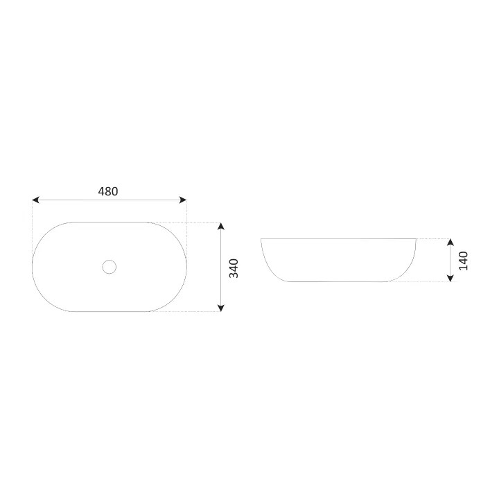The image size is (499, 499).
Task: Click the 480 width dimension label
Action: click(x=108, y=191)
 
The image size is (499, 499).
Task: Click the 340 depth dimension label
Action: click(x=234, y=268)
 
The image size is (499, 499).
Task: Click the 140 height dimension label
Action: click(x=464, y=261)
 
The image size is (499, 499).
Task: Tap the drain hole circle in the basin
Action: click(x=110, y=267)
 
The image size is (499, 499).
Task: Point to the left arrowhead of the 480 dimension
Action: click(x=35, y=200)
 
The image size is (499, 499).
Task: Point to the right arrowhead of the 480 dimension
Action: click(x=183, y=200)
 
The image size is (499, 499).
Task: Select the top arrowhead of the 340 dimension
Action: click(x=221, y=226)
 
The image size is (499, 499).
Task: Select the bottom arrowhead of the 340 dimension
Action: click(x=221, y=308)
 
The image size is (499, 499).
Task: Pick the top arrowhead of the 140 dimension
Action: click(x=450, y=242)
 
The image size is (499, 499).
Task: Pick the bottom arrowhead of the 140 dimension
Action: click(x=450, y=278)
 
